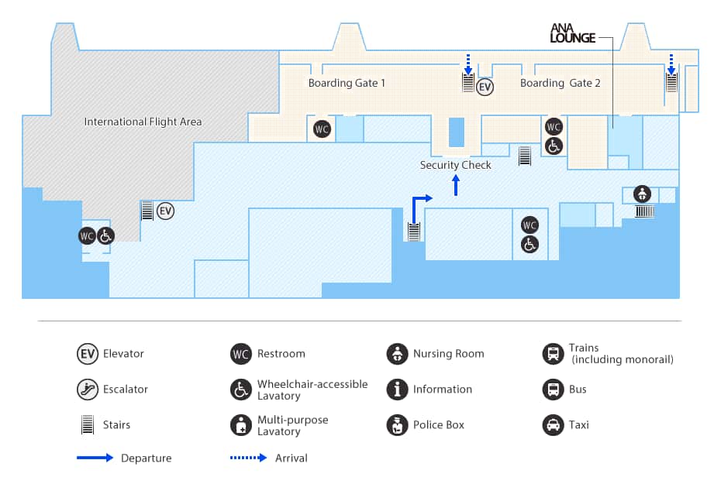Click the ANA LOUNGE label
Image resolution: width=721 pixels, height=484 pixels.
tap(572, 33)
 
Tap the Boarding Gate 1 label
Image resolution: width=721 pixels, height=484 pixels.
tap(347, 83)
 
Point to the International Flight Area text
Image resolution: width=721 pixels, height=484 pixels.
tap(143, 122)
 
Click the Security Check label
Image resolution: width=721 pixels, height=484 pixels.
tap(456, 165)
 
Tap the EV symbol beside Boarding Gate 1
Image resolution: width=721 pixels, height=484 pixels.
tap(485, 87)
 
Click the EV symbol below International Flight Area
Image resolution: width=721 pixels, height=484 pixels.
tap(166, 211)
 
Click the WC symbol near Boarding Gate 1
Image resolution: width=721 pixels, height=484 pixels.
tap(322, 129)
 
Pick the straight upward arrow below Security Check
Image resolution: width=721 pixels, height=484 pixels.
tap(456, 185)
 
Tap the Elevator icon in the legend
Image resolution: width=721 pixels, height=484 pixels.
tap(88, 354)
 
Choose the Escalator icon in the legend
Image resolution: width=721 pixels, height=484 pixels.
tap(88, 390)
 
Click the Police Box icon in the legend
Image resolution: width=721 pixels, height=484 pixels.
tap(397, 425)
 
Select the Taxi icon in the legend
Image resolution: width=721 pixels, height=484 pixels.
tap(553, 425)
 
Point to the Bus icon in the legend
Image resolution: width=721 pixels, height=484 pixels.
tap(553, 390)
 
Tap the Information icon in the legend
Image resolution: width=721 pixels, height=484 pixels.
tap(397, 390)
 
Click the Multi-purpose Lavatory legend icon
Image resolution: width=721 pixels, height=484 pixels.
tap(241, 425)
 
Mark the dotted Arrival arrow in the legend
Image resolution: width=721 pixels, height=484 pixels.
tap(249, 458)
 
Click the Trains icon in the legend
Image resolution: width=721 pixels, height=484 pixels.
tap(553, 354)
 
